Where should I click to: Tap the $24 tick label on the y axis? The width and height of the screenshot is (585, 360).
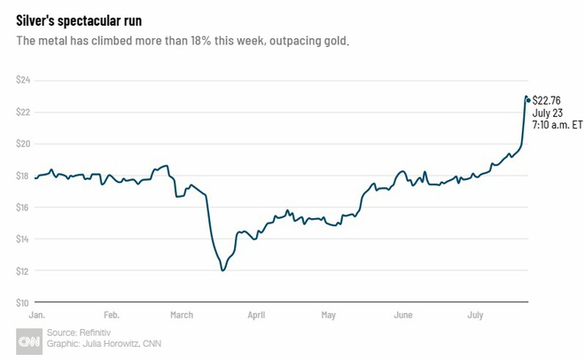click(x=24, y=80)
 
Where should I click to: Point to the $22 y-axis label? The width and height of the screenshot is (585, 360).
click(x=24, y=112)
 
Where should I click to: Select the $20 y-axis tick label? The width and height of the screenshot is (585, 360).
click(x=24, y=144)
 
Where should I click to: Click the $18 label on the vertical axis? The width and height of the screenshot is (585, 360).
click(x=24, y=176)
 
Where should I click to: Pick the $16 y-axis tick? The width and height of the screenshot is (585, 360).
click(x=24, y=207)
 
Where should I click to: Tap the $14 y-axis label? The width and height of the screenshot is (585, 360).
click(x=24, y=239)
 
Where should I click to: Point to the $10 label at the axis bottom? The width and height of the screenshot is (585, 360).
click(x=24, y=302)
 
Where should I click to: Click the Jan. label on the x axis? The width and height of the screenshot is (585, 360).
click(x=37, y=315)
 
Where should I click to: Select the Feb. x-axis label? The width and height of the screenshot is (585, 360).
click(x=112, y=315)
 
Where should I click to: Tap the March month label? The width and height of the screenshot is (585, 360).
click(x=182, y=315)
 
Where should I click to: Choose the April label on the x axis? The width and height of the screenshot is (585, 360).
click(x=256, y=315)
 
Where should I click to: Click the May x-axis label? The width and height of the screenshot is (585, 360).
click(x=329, y=315)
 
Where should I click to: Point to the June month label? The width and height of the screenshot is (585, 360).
click(x=402, y=315)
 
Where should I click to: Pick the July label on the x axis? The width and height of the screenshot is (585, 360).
click(x=476, y=315)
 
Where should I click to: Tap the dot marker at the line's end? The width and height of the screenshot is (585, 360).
click(x=528, y=99)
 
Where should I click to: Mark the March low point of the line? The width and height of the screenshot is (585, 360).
click(x=222, y=270)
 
